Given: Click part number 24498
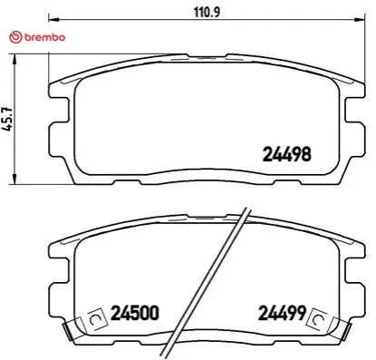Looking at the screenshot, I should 287,154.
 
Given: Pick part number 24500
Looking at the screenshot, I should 134,315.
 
